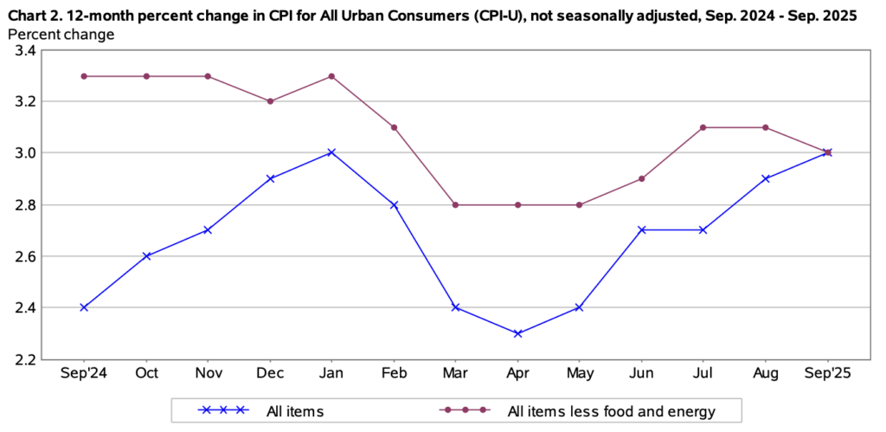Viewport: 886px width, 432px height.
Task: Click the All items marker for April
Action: [517, 333]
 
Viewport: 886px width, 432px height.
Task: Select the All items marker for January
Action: [331, 152]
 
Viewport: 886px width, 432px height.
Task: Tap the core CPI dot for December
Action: [270, 101]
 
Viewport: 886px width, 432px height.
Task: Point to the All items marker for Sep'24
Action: [84, 307]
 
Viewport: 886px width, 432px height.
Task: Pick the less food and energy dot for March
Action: [456, 205]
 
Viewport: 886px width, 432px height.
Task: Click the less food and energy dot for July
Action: [703, 127]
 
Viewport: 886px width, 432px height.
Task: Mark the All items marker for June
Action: [641, 230]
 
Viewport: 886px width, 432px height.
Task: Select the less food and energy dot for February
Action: [394, 127]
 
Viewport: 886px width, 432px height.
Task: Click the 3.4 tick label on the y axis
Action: [25, 51]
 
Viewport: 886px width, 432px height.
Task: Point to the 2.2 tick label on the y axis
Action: [25, 359]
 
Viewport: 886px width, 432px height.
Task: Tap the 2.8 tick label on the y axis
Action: [25, 205]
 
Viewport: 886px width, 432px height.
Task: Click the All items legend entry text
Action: [297, 412]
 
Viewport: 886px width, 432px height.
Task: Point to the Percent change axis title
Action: [61, 35]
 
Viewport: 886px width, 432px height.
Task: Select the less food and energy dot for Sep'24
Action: [84, 76]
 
